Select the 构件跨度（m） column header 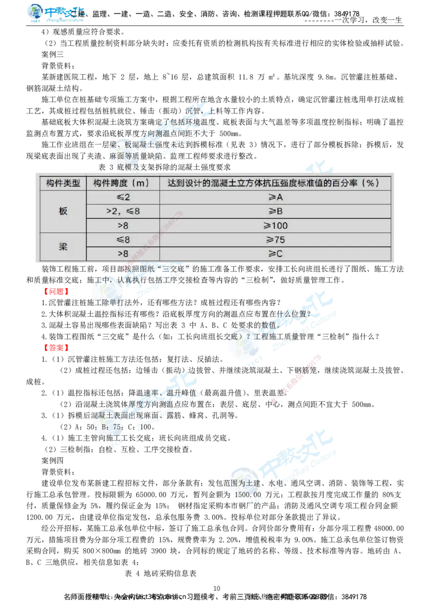click(x=121, y=183)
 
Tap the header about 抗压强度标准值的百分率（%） click(x=273, y=183)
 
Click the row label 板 click(x=63, y=211)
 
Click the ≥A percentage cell click(x=275, y=197)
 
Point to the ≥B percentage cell click(x=275, y=211)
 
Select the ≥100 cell click(x=276, y=225)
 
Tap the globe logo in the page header click(x=36, y=13)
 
